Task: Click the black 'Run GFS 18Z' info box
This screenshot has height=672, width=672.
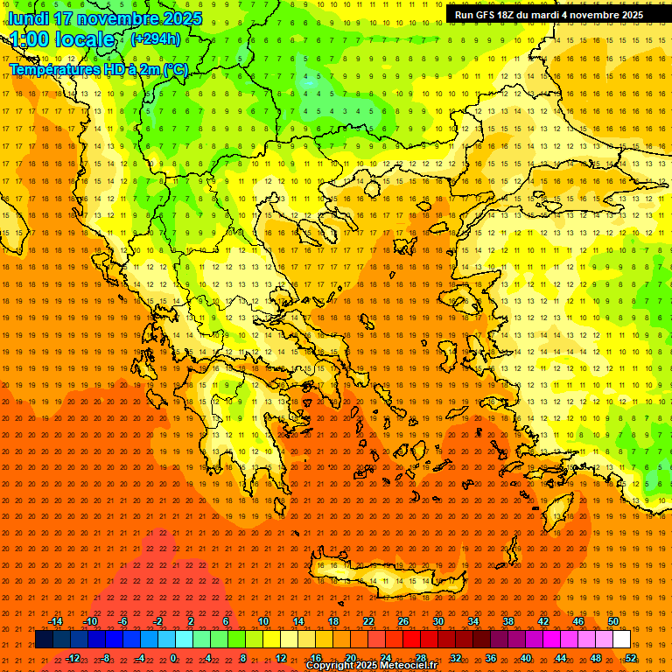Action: click(549, 15)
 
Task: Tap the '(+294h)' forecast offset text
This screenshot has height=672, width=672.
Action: click(156, 38)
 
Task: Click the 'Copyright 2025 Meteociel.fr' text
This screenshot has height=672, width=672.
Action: click(370, 665)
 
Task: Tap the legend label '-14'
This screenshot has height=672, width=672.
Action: click(55, 621)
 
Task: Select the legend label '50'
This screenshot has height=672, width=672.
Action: click(613, 621)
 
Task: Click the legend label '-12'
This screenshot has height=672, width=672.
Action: click(73, 657)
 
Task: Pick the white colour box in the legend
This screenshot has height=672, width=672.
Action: click(621, 640)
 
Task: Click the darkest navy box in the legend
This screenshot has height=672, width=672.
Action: click(44, 640)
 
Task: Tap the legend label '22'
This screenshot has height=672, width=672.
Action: click(368, 621)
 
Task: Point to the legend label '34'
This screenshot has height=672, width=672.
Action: click(473, 621)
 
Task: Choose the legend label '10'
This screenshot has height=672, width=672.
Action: click(263, 621)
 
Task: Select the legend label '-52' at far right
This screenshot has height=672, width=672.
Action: click(630, 657)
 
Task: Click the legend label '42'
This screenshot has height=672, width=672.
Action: click(543, 621)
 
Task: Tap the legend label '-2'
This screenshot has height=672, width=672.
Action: click(158, 621)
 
